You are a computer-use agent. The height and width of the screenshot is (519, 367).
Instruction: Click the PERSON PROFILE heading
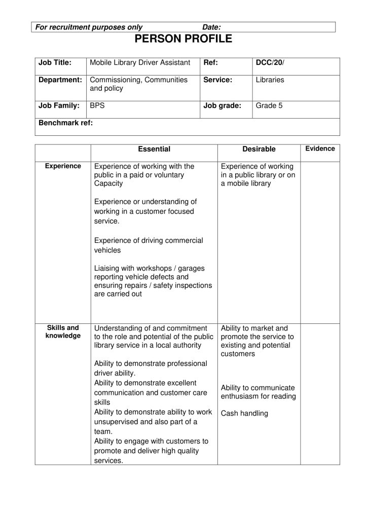tap(183, 39)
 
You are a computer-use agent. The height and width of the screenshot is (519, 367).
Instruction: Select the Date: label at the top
tap(211, 27)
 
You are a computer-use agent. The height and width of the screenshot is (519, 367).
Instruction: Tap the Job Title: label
tap(55, 63)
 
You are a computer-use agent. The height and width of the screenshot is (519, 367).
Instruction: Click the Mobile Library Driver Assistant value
tap(140, 63)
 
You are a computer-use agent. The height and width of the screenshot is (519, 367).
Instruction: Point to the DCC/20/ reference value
tap(270, 63)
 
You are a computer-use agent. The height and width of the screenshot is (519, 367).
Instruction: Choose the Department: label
tap(60, 80)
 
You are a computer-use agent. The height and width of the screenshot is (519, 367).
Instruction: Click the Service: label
tap(217, 80)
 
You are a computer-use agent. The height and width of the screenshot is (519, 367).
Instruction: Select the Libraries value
tap(270, 80)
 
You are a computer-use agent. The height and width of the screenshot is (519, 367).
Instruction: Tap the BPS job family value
tap(97, 106)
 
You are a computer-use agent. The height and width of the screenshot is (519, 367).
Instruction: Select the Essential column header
tap(154, 149)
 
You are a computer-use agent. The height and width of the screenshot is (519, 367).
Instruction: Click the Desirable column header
tap(259, 149)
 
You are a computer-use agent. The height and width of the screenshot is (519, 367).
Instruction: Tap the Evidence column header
tap(320, 149)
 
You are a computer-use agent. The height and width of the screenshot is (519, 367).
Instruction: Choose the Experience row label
tap(63, 166)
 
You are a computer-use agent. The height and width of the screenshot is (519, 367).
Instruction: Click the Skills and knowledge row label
tap(63, 331)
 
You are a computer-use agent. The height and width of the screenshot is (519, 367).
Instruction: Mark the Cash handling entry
tap(244, 413)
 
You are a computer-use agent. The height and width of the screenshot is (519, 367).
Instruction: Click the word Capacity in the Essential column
tap(108, 183)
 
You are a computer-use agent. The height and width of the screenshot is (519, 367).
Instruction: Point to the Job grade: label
tap(222, 106)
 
